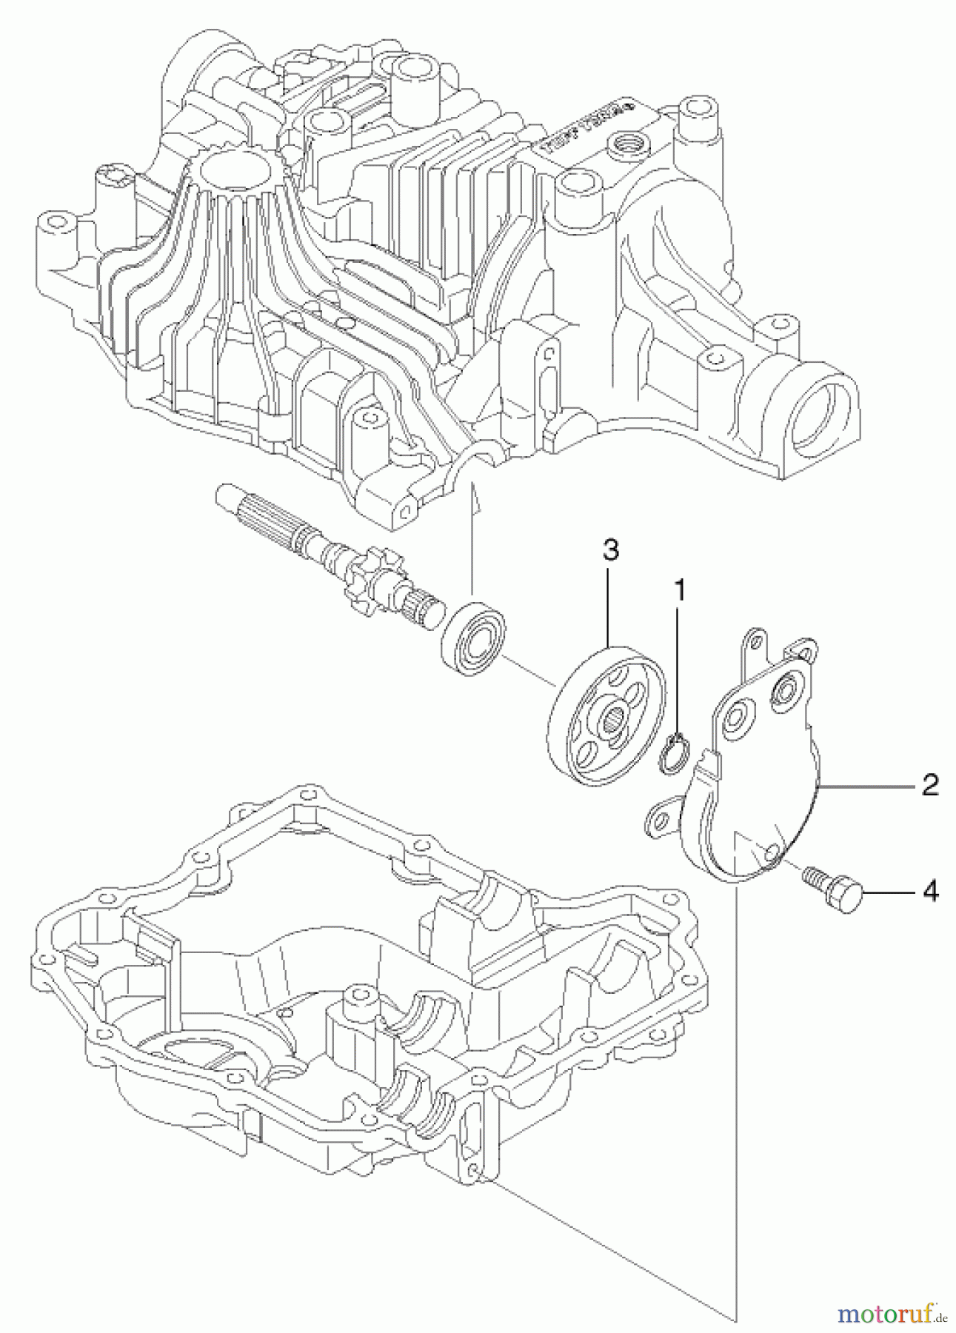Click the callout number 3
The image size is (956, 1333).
pos(610,550)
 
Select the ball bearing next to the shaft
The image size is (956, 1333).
pos(472,639)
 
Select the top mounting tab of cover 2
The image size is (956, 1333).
pos(755,638)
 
